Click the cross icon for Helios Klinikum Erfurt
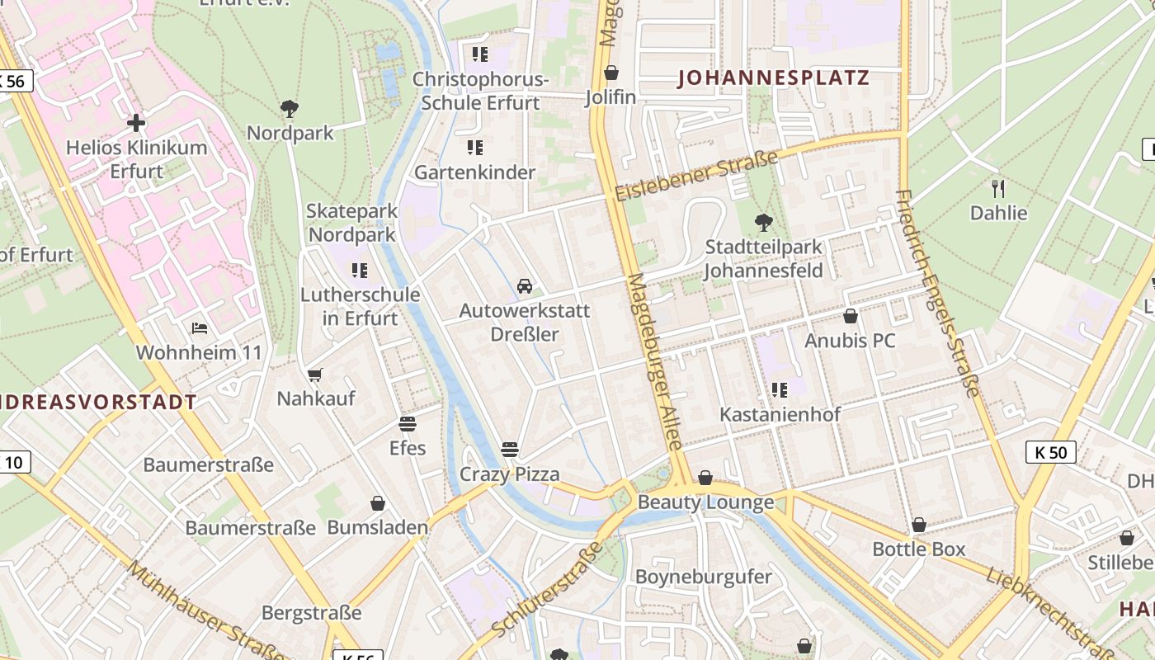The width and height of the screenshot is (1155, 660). click(136, 123)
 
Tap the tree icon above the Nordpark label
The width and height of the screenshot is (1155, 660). click(289, 108)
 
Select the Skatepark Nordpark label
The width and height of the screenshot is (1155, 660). click(352, 223)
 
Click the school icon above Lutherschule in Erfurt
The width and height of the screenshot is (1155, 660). click(359, 270)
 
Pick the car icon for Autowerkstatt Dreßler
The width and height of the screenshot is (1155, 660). click(524, 286)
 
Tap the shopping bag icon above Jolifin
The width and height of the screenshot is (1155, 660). click(610, 73)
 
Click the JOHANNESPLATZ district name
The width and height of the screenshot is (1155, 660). click(773, 78)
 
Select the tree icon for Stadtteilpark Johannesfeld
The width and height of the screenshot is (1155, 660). click(764, 222)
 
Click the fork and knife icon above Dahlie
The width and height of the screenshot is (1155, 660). click(998, 188)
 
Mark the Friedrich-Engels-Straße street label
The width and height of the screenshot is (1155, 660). click(938, 293)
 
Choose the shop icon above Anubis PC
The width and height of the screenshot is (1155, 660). click(850, 316)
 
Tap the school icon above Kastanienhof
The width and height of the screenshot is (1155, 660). click(780, 389)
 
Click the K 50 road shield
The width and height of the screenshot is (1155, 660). click(1050, 452)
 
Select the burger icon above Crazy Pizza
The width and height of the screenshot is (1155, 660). click(510, 450)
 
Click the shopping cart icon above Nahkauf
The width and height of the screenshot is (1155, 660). click(315, 375)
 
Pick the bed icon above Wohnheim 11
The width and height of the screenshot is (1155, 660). click(199, 328)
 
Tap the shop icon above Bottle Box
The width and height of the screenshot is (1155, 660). click(918, 525)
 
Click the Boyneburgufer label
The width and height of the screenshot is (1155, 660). click(703, 577)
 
